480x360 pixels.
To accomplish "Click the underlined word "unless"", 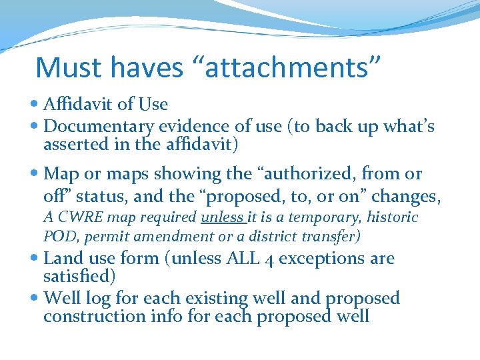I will pos(223,217).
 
